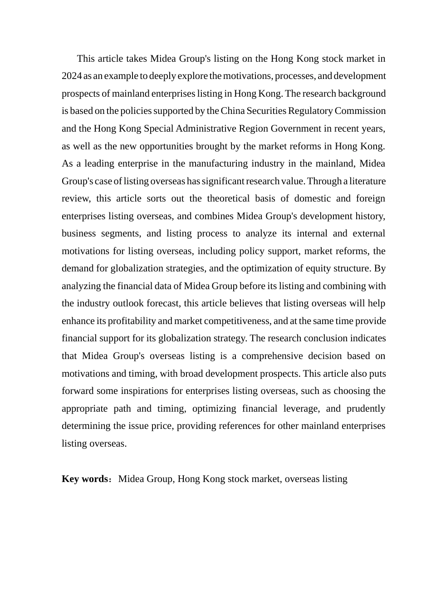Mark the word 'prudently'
point(366,408)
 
